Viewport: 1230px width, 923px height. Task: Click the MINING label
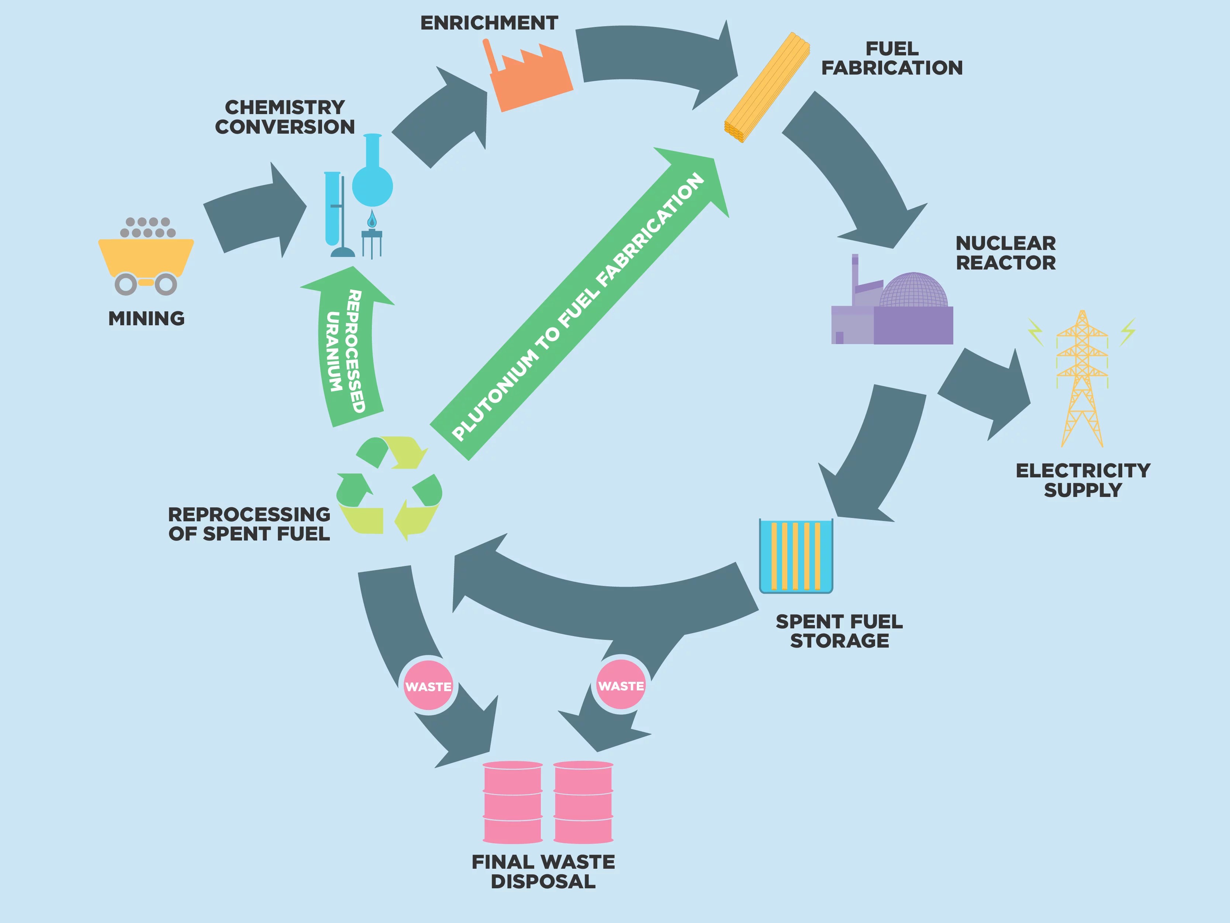pyautogui.click(x=146, y=318)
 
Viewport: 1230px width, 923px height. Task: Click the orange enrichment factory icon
pyautogui.click(x=531, y=78)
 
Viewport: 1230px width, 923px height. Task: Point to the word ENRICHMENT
pyautogui.click(x=489, y=23)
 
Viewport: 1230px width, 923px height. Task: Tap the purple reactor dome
pyautogui.click(x=913, y=291)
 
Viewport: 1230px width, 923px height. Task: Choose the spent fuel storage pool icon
pyautogui.click(x=796, y=555)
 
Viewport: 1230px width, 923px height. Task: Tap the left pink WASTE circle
pyautogui.click(x=428, y=686)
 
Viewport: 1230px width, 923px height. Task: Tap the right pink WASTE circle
pyautogui.click(x=621, y=686)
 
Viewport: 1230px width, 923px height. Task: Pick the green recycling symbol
pyautogui.click(x=389, y=487)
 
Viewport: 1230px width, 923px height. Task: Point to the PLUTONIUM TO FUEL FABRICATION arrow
pyautogui.click(x=578, y=306)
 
